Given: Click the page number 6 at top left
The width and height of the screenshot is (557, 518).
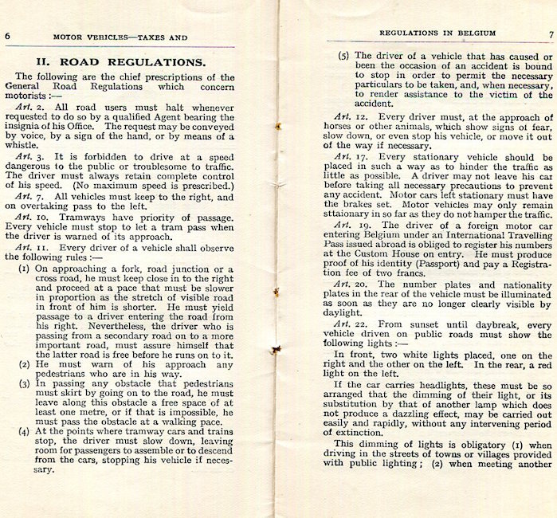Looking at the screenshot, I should pyautogui.click(x=6, y=35).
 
